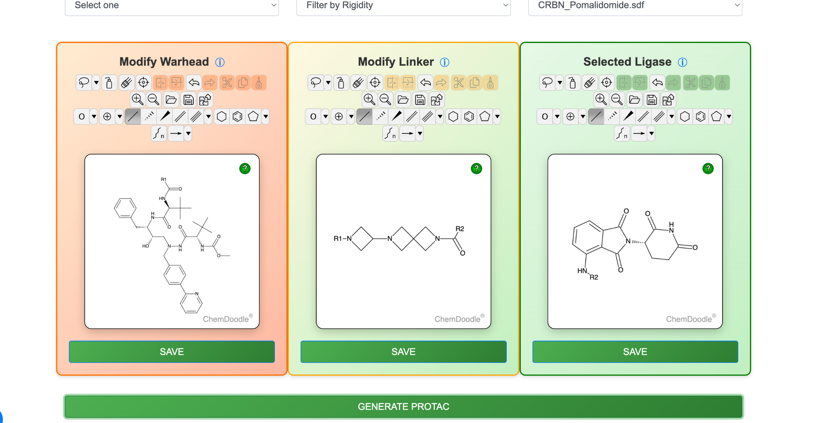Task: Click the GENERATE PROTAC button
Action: pyautogui.click(x=403, y=407)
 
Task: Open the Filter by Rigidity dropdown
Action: pyautogui.click(x=403, y=6)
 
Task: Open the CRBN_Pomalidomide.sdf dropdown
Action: pyautogui.click(x=635, y=6)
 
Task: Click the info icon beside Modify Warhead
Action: pyautogui.click(x=220, y=62)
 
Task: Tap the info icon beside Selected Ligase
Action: pyautogui.click(x=682, y=62)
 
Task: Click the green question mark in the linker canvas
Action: pyautogui.click(x=476, y=169)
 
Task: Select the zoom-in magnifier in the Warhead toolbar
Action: pyautogui.click(x=137, y=99)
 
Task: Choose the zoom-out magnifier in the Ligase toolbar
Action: pyautogui.click(x=617, y=99)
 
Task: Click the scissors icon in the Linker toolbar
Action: pyautogui.click(x=459, y=83)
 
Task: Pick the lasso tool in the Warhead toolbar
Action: pyautogui.click(x=84, y=83)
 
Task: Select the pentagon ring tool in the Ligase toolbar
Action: pyautogui.click(x=717, y=116)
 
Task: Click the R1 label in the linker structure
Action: pyautogui.click(x=338, y=239)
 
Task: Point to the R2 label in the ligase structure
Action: pyautogui.click(x=594, y=277)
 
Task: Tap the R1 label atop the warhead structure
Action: pyautogui.click(x=164, y=180)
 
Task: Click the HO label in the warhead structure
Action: pyautogui.click(x=145, y=246)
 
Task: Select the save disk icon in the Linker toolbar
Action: pyautogui.click(x=420, y=99)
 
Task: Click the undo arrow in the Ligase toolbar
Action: pyautogui.click(x=657, y=83)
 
